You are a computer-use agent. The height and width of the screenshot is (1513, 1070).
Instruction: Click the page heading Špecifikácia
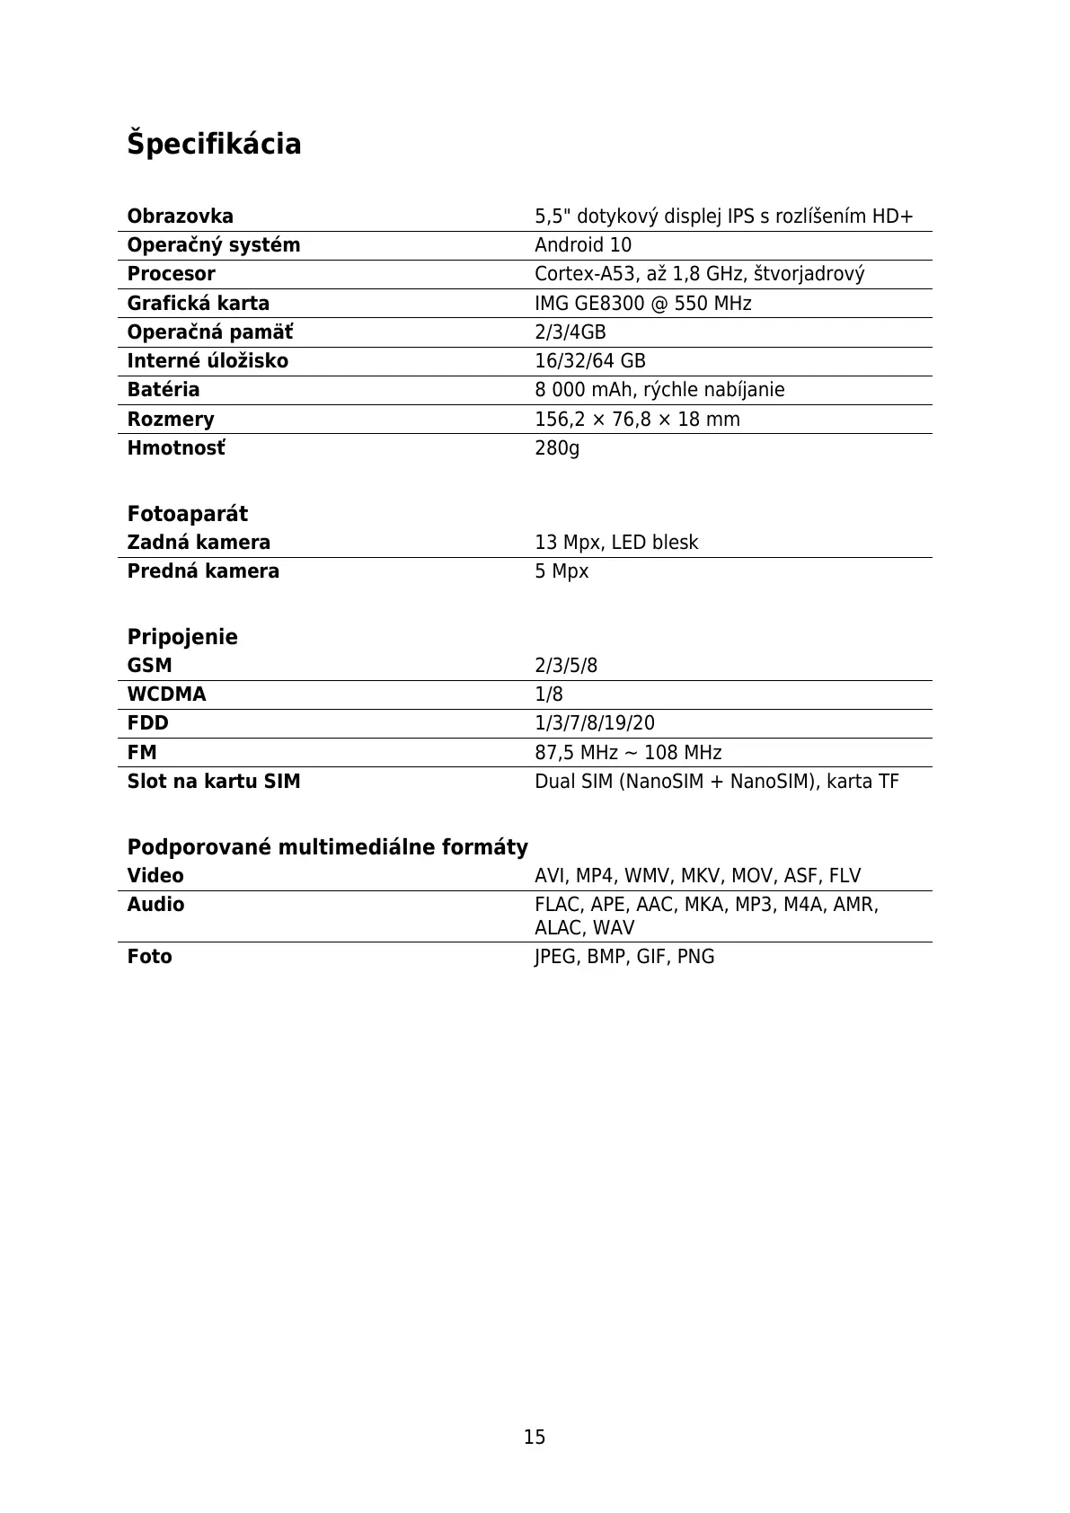(214, 144)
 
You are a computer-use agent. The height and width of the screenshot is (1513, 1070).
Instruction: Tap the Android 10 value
(582, 245)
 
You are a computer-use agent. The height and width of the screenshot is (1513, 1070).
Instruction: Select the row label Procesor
(171, 274)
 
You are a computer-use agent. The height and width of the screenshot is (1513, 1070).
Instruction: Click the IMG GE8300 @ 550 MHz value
(642, 304)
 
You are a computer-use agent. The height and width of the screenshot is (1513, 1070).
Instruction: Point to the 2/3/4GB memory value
(570, 332)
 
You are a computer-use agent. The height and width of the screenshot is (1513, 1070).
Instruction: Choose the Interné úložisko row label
(208, 361)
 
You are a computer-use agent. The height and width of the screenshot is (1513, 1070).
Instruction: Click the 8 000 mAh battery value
(659, 390)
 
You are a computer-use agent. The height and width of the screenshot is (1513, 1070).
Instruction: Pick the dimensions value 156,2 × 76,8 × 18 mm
(637, 420)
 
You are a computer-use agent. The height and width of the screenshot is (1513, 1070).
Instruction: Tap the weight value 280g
(557, 447)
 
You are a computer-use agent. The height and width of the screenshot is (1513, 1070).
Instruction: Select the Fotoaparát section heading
(187, 514)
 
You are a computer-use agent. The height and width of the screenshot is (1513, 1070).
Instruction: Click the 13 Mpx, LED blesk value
(616, 543)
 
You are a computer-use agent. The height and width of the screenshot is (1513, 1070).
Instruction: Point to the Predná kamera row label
(203, 571)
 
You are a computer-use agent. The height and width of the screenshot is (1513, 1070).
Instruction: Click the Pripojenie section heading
(182, 637)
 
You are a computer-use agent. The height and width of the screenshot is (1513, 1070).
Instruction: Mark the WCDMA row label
(166, 695)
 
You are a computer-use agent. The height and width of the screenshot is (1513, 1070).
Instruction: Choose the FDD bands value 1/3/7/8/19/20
(595, 723)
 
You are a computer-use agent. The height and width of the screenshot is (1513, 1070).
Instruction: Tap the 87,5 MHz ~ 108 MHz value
(628, 753)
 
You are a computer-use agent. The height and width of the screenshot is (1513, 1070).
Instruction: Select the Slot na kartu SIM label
(214, 782)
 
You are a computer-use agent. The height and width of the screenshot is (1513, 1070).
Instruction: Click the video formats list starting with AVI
(697, 876)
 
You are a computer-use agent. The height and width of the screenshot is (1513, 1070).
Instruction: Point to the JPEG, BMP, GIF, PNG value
(624, 957)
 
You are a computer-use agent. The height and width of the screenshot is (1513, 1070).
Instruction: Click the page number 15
(535, 1438)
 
